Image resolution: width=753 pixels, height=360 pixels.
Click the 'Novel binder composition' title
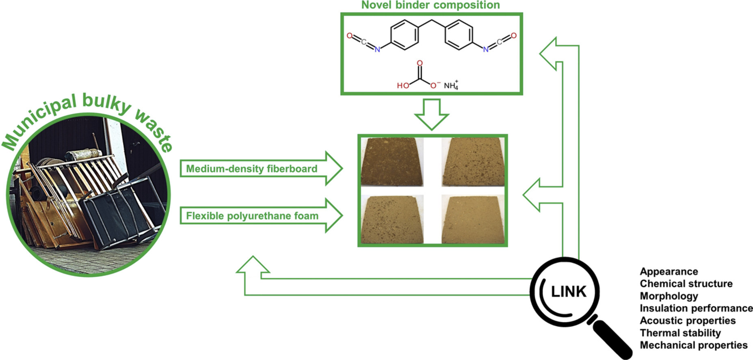tap(431, 5)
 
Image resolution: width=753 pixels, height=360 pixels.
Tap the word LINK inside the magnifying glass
tap(569, 291)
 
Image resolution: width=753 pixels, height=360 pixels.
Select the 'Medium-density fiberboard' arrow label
tap(251, 169)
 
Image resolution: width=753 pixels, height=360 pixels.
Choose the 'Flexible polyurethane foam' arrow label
tap(252, 216)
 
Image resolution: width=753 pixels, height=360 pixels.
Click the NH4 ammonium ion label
tap(451, 85)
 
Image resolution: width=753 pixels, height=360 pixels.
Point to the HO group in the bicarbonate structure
tap(403, 85)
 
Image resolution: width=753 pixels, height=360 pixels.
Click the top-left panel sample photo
tap(392, 162)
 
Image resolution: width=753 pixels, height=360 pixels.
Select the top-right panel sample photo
tap(473, 162)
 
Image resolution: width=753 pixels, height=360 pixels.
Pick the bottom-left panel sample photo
tap(392, 219)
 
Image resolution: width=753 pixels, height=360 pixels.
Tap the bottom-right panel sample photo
tap(473, 219)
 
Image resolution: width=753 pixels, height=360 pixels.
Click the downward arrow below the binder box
tap(431, 115)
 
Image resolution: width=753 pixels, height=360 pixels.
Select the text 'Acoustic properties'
tap(688, 321)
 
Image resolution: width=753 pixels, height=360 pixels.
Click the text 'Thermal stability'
tap(680, 333)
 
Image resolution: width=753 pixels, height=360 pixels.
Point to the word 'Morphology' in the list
tap(669, 296)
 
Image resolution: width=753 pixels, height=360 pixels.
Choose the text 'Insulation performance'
tap(696, 308)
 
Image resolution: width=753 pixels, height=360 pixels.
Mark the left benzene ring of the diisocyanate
tap(404, 35)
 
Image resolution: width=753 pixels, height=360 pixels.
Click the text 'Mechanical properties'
tap(693, 345)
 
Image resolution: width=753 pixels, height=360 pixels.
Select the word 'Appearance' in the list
tap(669, 271)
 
